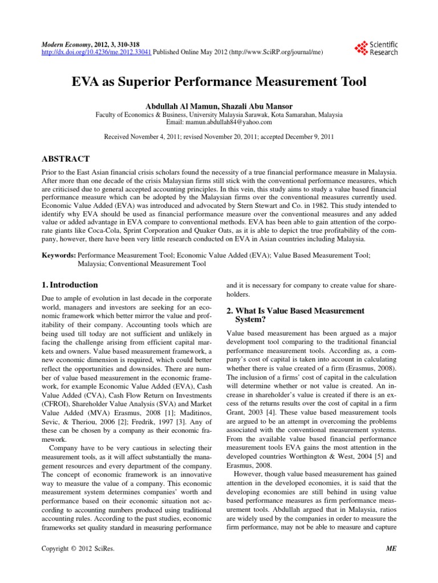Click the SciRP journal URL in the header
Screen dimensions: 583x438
click(x=278, y=52)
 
